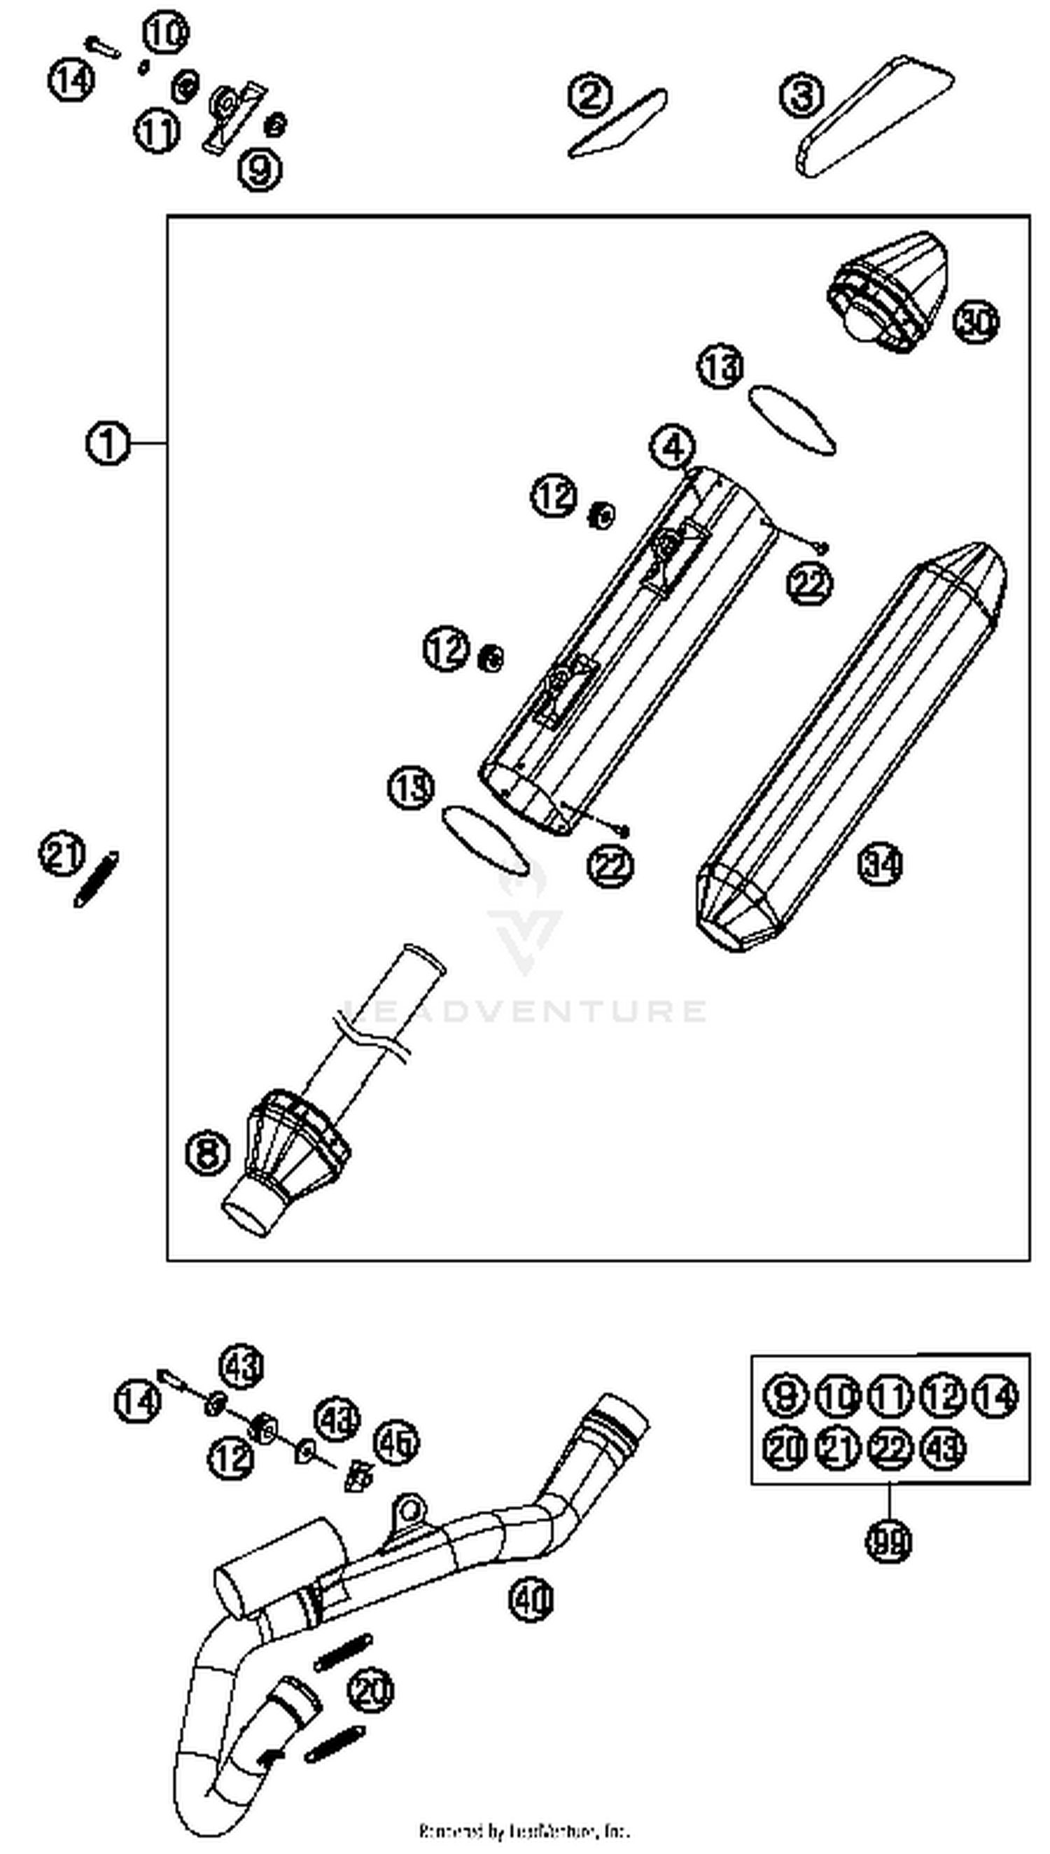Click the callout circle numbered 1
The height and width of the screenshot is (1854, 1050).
[x=108, y=443]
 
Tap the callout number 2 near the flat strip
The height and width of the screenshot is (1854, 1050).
[x=590, y=95]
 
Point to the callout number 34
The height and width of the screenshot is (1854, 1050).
[x=880, y=864]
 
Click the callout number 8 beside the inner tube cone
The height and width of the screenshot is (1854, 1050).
[x=208, y=1151]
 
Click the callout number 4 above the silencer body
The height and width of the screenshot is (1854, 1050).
[x=672, y=448]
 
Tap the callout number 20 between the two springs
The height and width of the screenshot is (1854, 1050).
[x=371, y=1691]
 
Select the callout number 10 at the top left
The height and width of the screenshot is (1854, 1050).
[x=166, y=33]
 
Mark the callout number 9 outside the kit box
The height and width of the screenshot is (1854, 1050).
[x=260, y=170]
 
